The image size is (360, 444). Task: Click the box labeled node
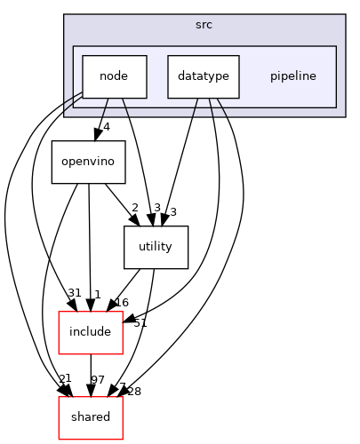pos(115,76)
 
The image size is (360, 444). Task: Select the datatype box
pos(204,76)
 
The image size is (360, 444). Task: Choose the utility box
pos(156,248)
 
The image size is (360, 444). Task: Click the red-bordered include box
pos(90,332)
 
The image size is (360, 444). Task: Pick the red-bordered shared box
pos(90,417)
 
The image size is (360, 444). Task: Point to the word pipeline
pos(292,76)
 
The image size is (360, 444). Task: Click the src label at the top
pos(204,24)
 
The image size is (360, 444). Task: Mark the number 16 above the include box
pos(122,303)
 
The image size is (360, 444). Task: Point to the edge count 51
pos(139,322)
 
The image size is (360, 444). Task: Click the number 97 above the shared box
pos(98,380)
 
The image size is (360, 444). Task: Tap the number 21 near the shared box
pos(65,379)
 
